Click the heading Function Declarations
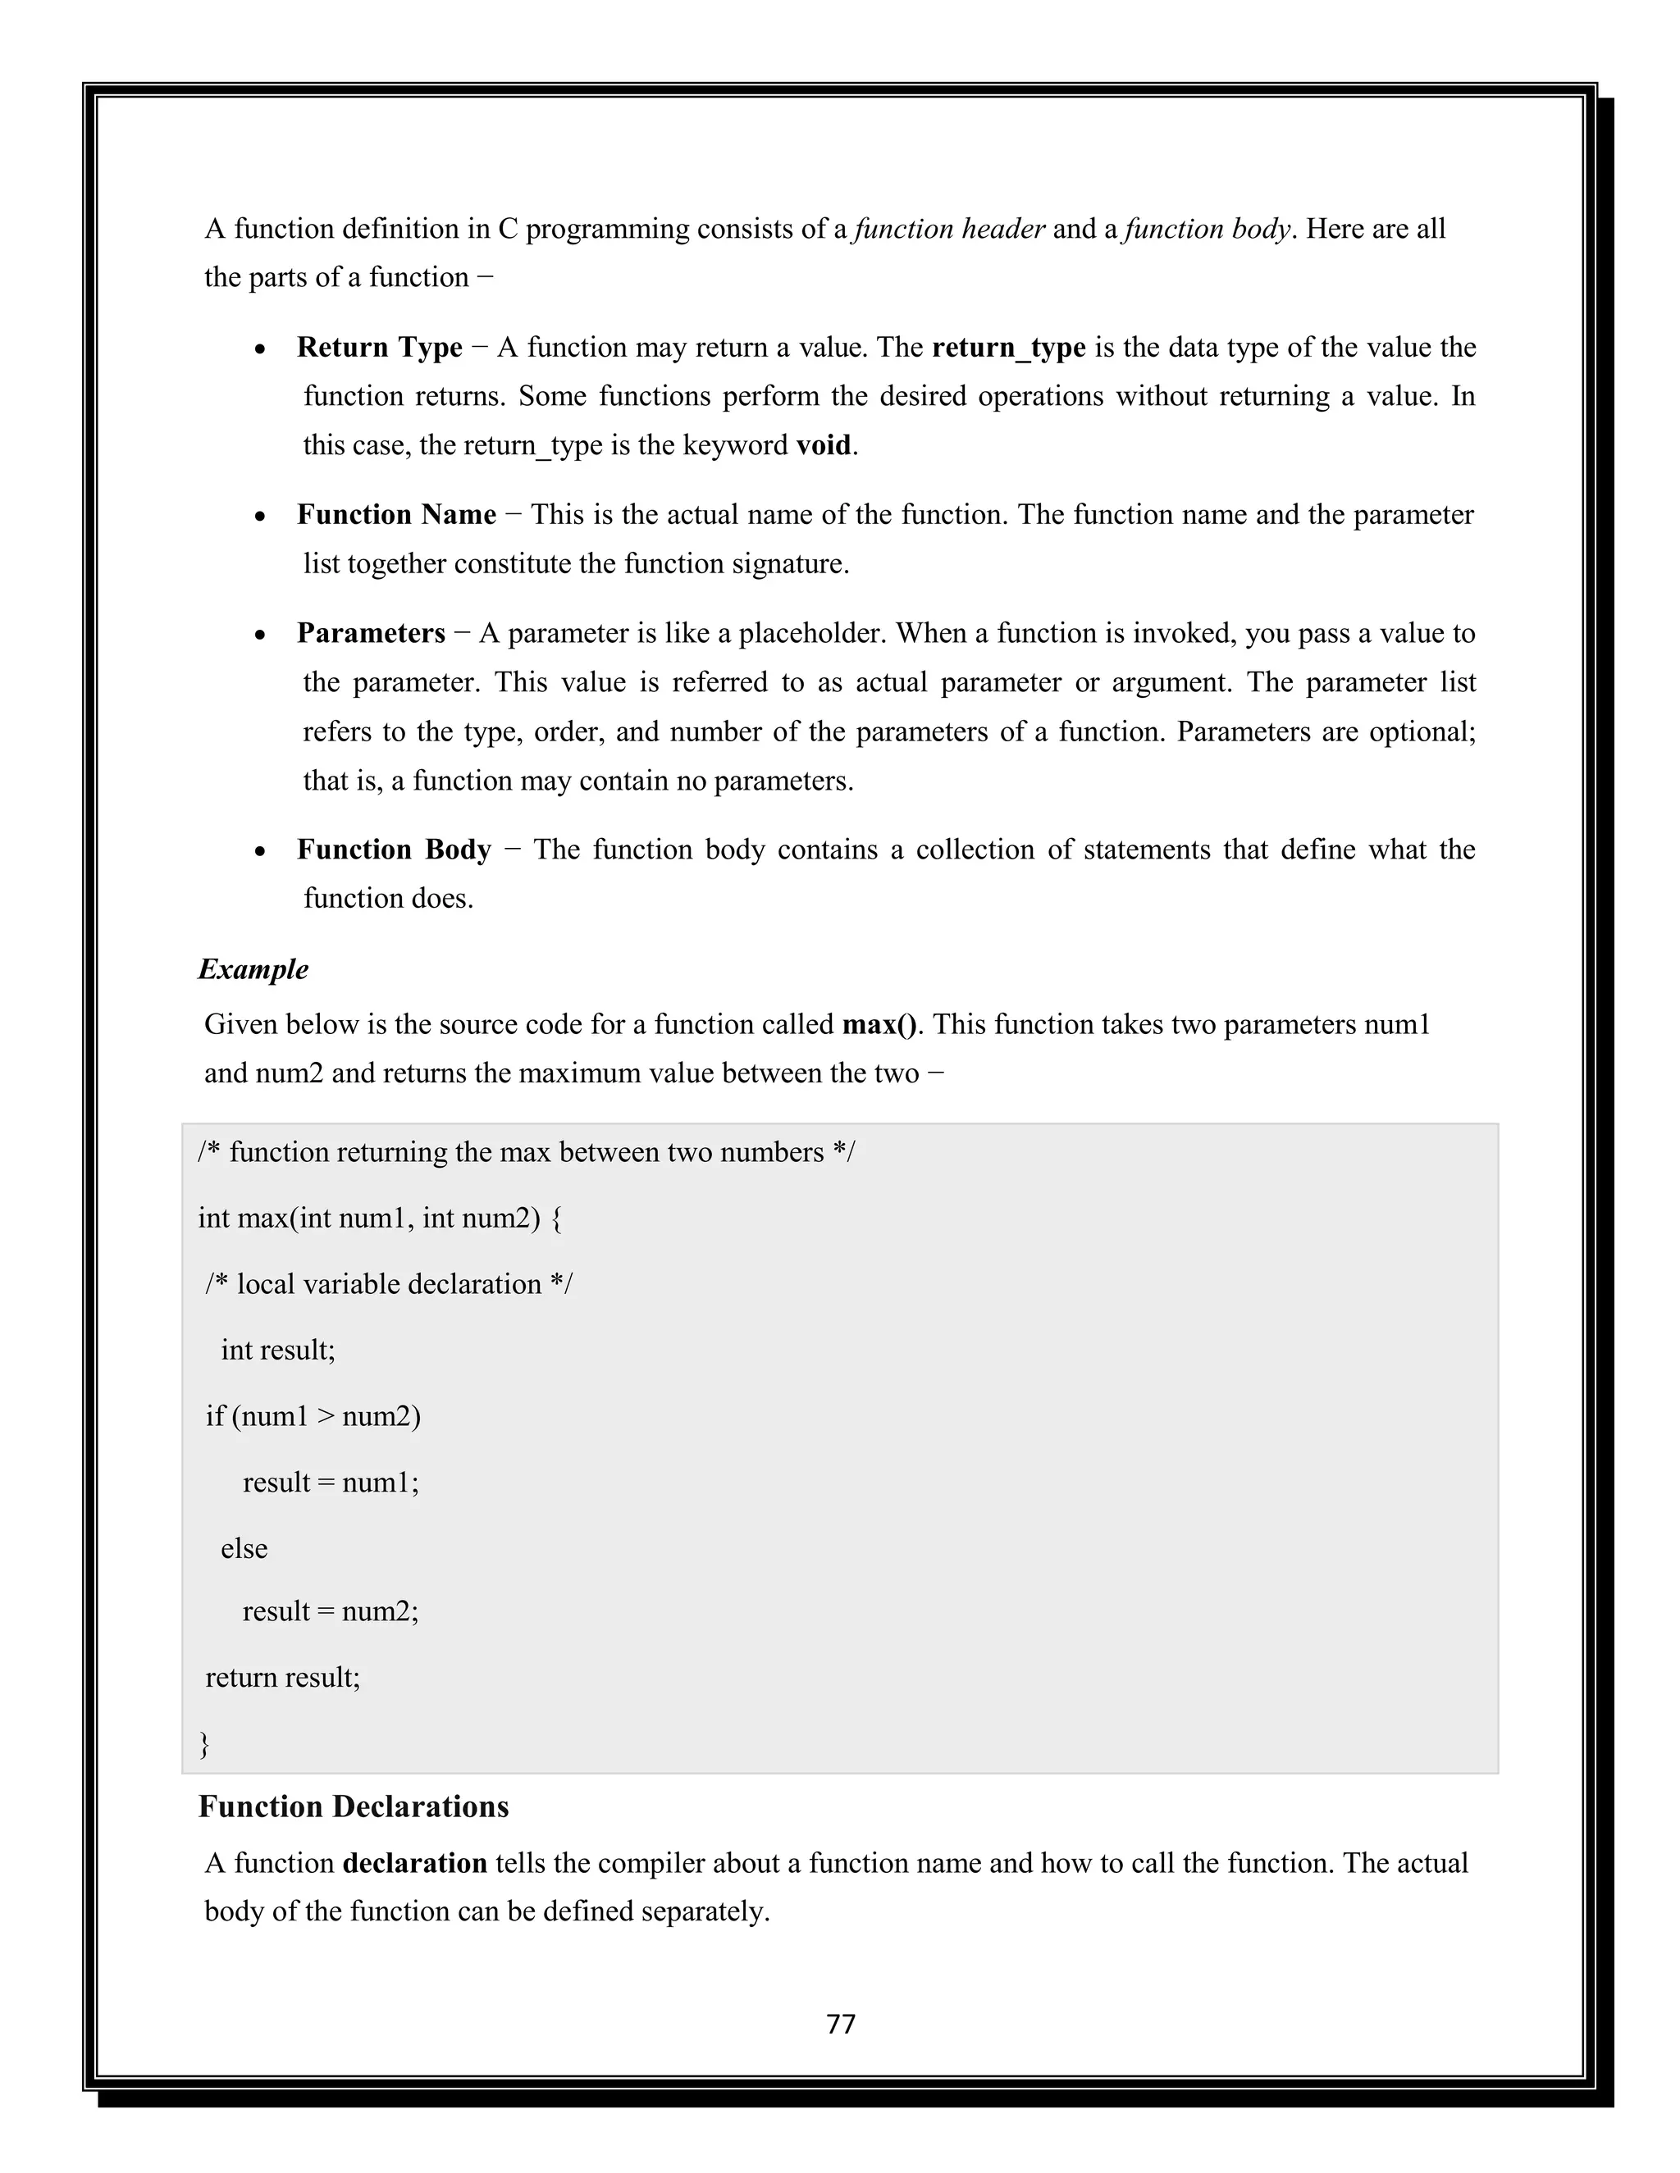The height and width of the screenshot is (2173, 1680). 354,1806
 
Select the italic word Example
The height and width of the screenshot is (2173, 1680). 253,969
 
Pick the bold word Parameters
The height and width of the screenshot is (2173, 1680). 370,634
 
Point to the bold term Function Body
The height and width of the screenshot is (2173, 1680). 394,850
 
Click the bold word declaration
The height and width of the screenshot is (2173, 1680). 414,1864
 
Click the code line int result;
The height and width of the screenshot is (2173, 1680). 278,1351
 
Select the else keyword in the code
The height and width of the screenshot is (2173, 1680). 244,1549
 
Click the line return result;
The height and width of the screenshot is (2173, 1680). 283,1678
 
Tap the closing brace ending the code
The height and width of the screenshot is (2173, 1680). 204,1743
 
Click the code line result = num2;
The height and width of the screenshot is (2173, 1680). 331,1610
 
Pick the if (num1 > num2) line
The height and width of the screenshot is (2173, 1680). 313,1416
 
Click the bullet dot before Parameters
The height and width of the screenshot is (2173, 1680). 260,635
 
